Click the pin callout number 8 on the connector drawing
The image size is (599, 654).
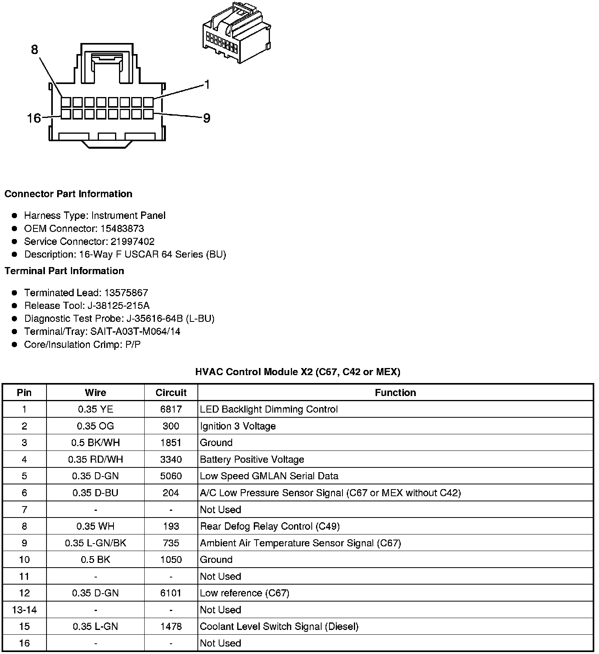[35, 50]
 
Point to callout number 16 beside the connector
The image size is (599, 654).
[34, 118]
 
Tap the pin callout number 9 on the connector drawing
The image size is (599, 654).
[206, 118]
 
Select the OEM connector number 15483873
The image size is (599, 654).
[122, 229]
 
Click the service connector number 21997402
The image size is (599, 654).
[132, 241]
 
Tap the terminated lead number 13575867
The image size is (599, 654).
[126, 293]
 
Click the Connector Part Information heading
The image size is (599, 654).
[68, 194]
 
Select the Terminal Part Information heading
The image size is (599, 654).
[64, 271]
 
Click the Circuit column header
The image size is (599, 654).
[171, 392]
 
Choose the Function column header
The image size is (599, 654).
[395, 392]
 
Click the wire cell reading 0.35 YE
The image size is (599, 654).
[95, 409]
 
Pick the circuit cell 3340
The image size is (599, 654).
[171, 460]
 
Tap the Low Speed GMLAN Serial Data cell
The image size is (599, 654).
[269, 476]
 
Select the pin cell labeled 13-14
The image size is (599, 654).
[24, 610]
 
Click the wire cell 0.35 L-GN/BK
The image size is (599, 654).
[95, 543]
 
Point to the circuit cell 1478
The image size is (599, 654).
[171, 626]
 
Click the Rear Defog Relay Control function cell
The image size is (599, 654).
[270, 526]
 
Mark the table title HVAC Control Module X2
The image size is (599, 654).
[298, 372]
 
